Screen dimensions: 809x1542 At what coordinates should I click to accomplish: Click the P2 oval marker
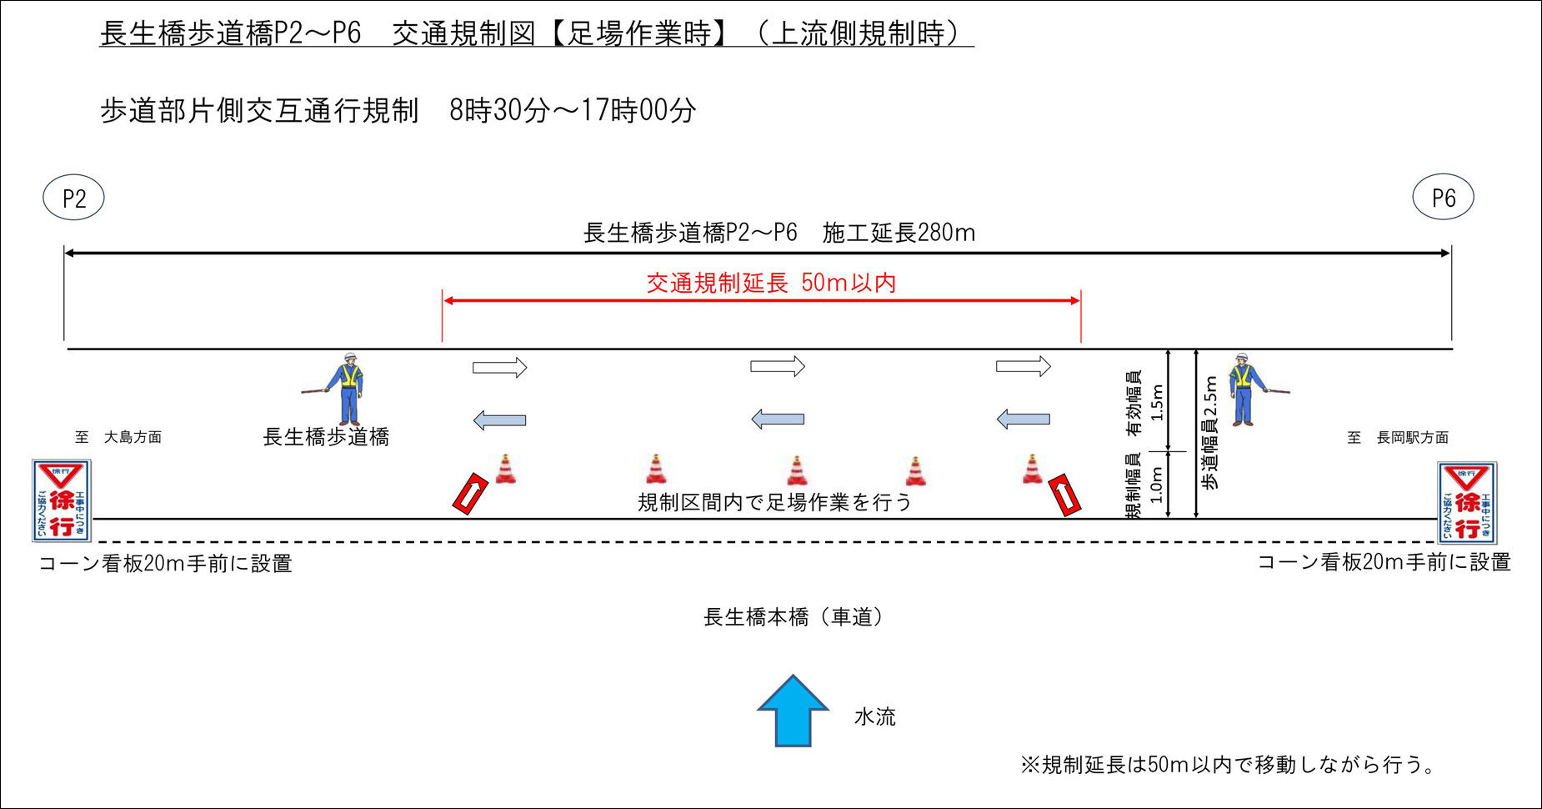[x=73, y=198]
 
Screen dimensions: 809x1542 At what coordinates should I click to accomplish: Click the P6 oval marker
[x=1443, y=198]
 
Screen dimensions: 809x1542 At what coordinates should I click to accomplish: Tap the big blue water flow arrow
[x=793, y=711]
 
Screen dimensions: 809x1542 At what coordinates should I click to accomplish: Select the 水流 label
[x=874, y=716]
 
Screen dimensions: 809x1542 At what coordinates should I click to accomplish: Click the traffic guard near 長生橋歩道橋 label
[x=348, y=389]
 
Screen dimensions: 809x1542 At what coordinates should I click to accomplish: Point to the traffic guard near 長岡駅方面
[x=1244, y=389]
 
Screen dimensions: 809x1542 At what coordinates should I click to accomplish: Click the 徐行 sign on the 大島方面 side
[x=61, y=500]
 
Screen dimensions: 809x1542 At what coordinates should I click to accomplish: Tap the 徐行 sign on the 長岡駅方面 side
[x=1466, y=502]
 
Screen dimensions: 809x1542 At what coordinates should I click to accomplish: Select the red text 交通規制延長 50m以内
[x=771, y=283]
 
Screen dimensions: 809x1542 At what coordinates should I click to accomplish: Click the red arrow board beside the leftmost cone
[x=470, y=493]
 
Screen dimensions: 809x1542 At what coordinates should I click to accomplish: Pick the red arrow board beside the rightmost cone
[x=1064, y=495]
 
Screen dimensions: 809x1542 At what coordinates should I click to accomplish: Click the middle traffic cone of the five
[x=797, y=471]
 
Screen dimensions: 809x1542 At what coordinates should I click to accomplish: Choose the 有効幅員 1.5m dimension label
[x=1145, y=403]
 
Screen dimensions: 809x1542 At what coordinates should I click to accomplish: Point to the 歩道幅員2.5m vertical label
[x=1209, y=433]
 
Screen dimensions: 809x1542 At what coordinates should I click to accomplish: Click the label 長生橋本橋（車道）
[x=793, y=617]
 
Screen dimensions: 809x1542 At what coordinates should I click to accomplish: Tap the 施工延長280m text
[x=899, y=233]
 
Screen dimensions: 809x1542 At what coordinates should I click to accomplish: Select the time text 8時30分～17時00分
[x=573, y=110]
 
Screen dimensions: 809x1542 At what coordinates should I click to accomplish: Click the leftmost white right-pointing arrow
[x=499, y=367]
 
